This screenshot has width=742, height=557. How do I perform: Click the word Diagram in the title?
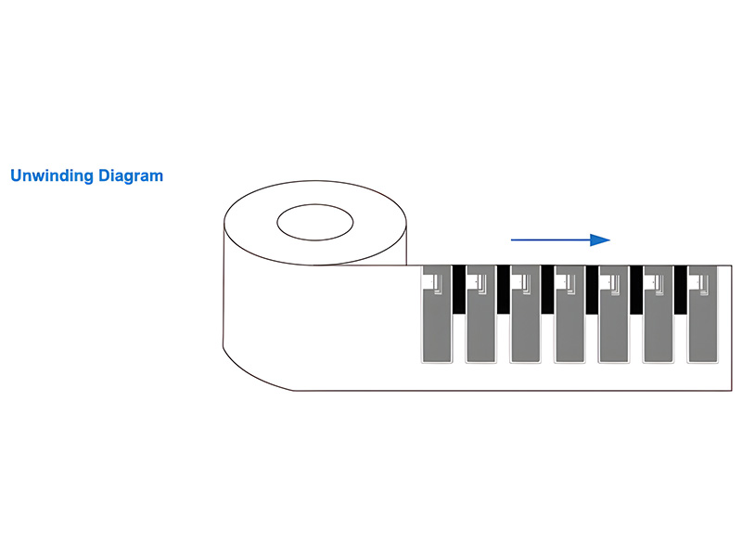tap(131, 175)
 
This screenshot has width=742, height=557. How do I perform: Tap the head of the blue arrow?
tap(600, 240)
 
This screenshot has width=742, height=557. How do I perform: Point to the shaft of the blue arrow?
tap(551, 240)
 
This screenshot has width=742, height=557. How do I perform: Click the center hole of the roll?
tap(315, 222)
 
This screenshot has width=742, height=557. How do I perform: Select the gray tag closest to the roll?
tap(436, 314)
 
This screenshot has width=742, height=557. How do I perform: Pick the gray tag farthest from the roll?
tap(702, 314)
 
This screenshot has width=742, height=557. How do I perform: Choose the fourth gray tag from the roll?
tap(569, 314)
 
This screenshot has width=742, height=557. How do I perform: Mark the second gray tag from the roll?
tap(480, 314)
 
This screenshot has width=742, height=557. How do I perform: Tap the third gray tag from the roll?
tap(525, 314)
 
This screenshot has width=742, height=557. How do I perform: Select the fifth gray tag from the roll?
tap(614, 314)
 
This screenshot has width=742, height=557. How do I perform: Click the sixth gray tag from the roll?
tap(659, 314)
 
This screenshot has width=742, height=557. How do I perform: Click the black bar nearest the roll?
tap(458, 290)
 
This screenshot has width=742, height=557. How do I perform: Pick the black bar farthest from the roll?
tap(681, 290)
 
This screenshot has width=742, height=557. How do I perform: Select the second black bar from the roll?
tap(503, 290)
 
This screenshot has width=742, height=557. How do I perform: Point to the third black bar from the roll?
tap(547, 290)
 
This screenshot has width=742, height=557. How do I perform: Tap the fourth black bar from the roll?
tap(592, 290)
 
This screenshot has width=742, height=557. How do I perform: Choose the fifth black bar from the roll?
tap(636, 290)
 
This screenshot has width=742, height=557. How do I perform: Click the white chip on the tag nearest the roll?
tap(429, 282)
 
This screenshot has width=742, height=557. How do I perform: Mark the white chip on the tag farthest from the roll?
tap(695, 282)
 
